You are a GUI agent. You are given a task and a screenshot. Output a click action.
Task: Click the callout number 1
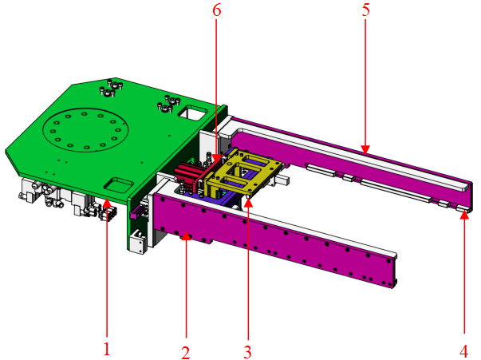106,348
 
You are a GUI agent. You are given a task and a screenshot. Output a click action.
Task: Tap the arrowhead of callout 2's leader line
186,233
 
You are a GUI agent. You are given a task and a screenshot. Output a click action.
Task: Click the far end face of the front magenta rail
393,270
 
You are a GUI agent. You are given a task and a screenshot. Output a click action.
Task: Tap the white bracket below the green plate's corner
136,241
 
